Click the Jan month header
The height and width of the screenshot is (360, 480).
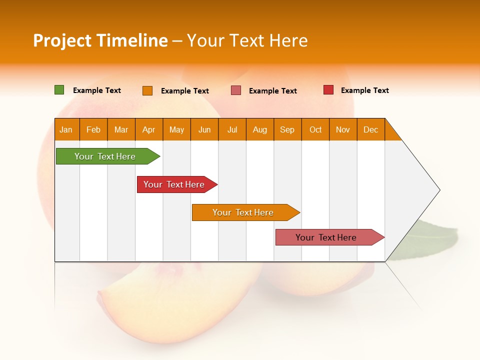pyautogui.click(x=66, y=129)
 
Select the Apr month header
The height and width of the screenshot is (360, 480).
pyautogui.click(x=149, y=129)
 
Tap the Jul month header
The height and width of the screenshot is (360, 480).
pyautogui.click(x=232, y=129)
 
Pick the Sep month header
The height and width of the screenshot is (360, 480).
pyautogui.click(x=287, y=129)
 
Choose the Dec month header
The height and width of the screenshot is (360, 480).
pyautogui.click(x=371, y=129)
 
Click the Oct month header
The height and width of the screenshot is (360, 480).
pyautogui.click(x=315, y=129)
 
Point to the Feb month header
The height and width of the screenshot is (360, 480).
pyautogui.click(x=93, y=129)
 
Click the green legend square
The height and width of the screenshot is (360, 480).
pyautogui.click(x=59, y=90)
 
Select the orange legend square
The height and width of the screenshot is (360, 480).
pyautogui.click(x=147, y=90)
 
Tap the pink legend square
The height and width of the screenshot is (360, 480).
pyautogui.click(x=236, y=90)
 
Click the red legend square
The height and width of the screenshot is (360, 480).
pyautogui.click(x=328, y=90)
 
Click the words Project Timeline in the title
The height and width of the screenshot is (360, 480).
pyautogui.click(x=100, y=40)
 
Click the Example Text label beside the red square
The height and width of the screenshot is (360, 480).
pyautogui.click(x=365, y=90)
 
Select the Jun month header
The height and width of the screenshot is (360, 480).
pyautogui.click(x=204, y=129)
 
